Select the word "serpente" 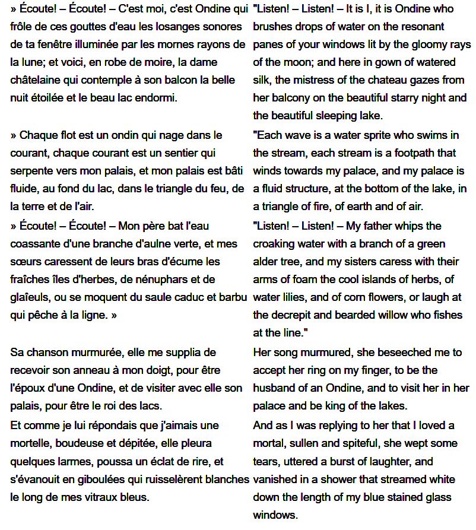pos(31,171)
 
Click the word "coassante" pos(36,244)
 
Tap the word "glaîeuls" pos(30,297)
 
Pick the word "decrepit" pos(291,315)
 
